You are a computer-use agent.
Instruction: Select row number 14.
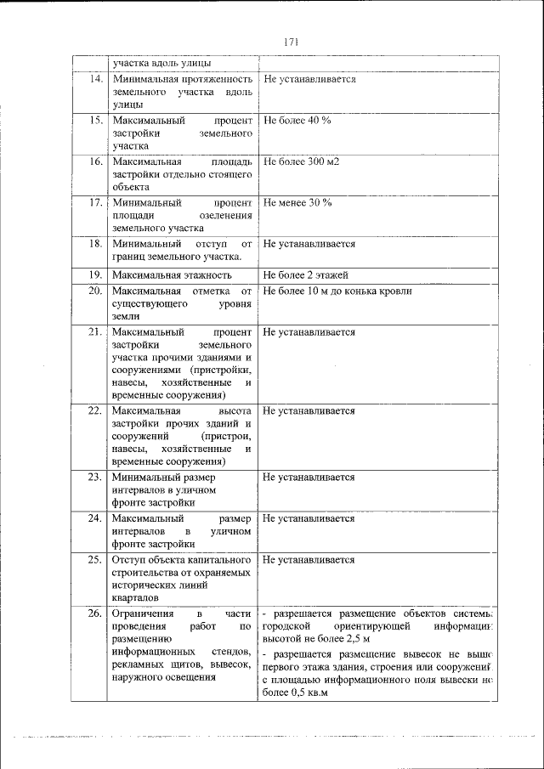96,79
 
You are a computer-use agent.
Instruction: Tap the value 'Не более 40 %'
297,121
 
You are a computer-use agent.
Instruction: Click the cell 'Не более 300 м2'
301,161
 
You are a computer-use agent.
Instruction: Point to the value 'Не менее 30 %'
297,203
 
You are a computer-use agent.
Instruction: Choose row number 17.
96,203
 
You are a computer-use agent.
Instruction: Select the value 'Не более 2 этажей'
306,274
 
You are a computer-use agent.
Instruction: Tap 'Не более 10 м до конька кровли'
337,291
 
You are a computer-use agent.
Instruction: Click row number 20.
95,291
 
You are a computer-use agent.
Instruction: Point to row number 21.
95,332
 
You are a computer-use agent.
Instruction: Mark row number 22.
95,410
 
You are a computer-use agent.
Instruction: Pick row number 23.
95,478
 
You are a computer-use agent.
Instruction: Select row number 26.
95,614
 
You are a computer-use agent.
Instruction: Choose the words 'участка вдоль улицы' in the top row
161,63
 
